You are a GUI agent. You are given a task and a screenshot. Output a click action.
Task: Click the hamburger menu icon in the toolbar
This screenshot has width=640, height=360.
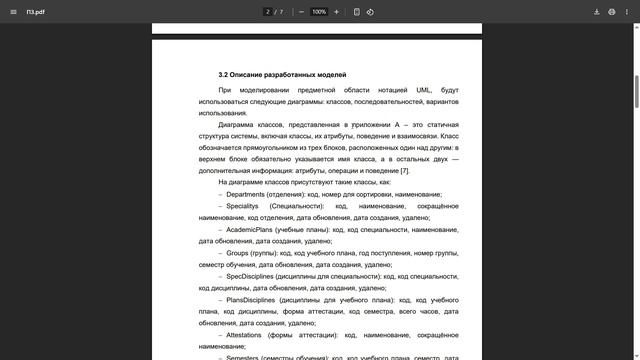point(11,12)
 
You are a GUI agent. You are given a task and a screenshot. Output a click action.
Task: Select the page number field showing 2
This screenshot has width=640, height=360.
point(267,12)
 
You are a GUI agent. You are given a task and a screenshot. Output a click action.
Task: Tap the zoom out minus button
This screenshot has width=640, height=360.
point(301,12)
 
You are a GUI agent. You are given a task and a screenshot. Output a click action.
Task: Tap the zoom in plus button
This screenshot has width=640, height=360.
point(336,12)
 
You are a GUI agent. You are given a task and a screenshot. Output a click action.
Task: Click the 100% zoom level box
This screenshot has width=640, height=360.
point(319,12)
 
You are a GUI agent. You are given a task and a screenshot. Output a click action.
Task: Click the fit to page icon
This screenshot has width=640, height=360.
point(357,12)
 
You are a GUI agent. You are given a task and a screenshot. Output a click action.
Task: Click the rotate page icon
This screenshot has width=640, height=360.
point(370,12)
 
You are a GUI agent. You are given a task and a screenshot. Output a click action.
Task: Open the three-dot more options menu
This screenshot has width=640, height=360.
point(627,12)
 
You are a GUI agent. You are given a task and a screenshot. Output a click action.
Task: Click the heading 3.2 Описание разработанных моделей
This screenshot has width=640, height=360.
point(282,75)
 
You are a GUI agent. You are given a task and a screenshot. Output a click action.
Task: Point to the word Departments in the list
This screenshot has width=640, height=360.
point(246,194)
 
